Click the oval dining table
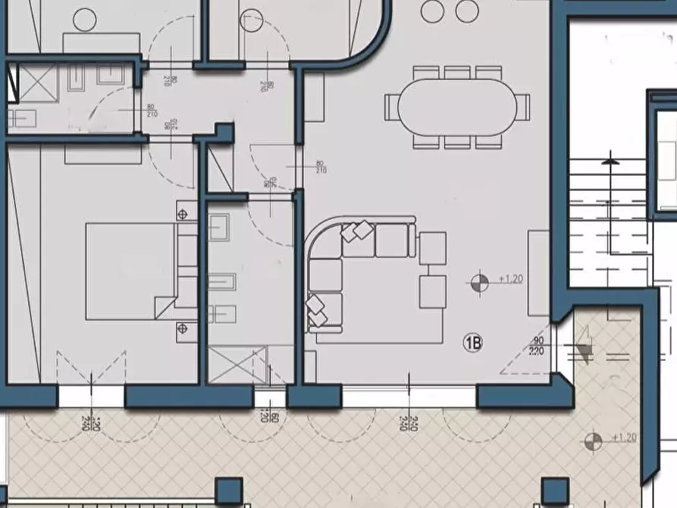click(452, 107)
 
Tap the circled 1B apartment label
click(473, 343)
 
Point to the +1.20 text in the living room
click(509, 279)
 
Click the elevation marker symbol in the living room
click(478, 284)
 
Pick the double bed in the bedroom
click(130, 271)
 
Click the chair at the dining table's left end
click(391, 106)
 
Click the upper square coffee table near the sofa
click(433, 247)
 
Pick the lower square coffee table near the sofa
click(433, 292)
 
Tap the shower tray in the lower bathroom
click(237, 364)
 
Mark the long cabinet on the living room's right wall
click(538, 273)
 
